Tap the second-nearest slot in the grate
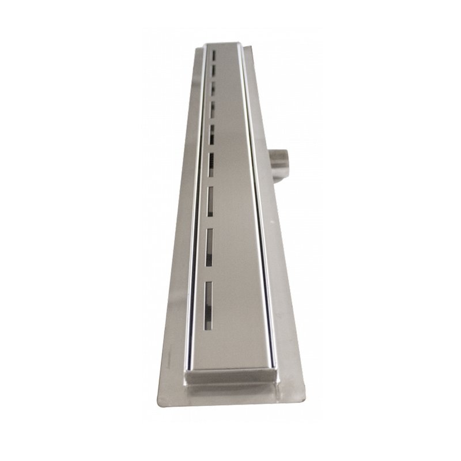click(209, 247)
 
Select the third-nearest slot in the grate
click(210, 201)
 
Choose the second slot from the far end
click(213, 70)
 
